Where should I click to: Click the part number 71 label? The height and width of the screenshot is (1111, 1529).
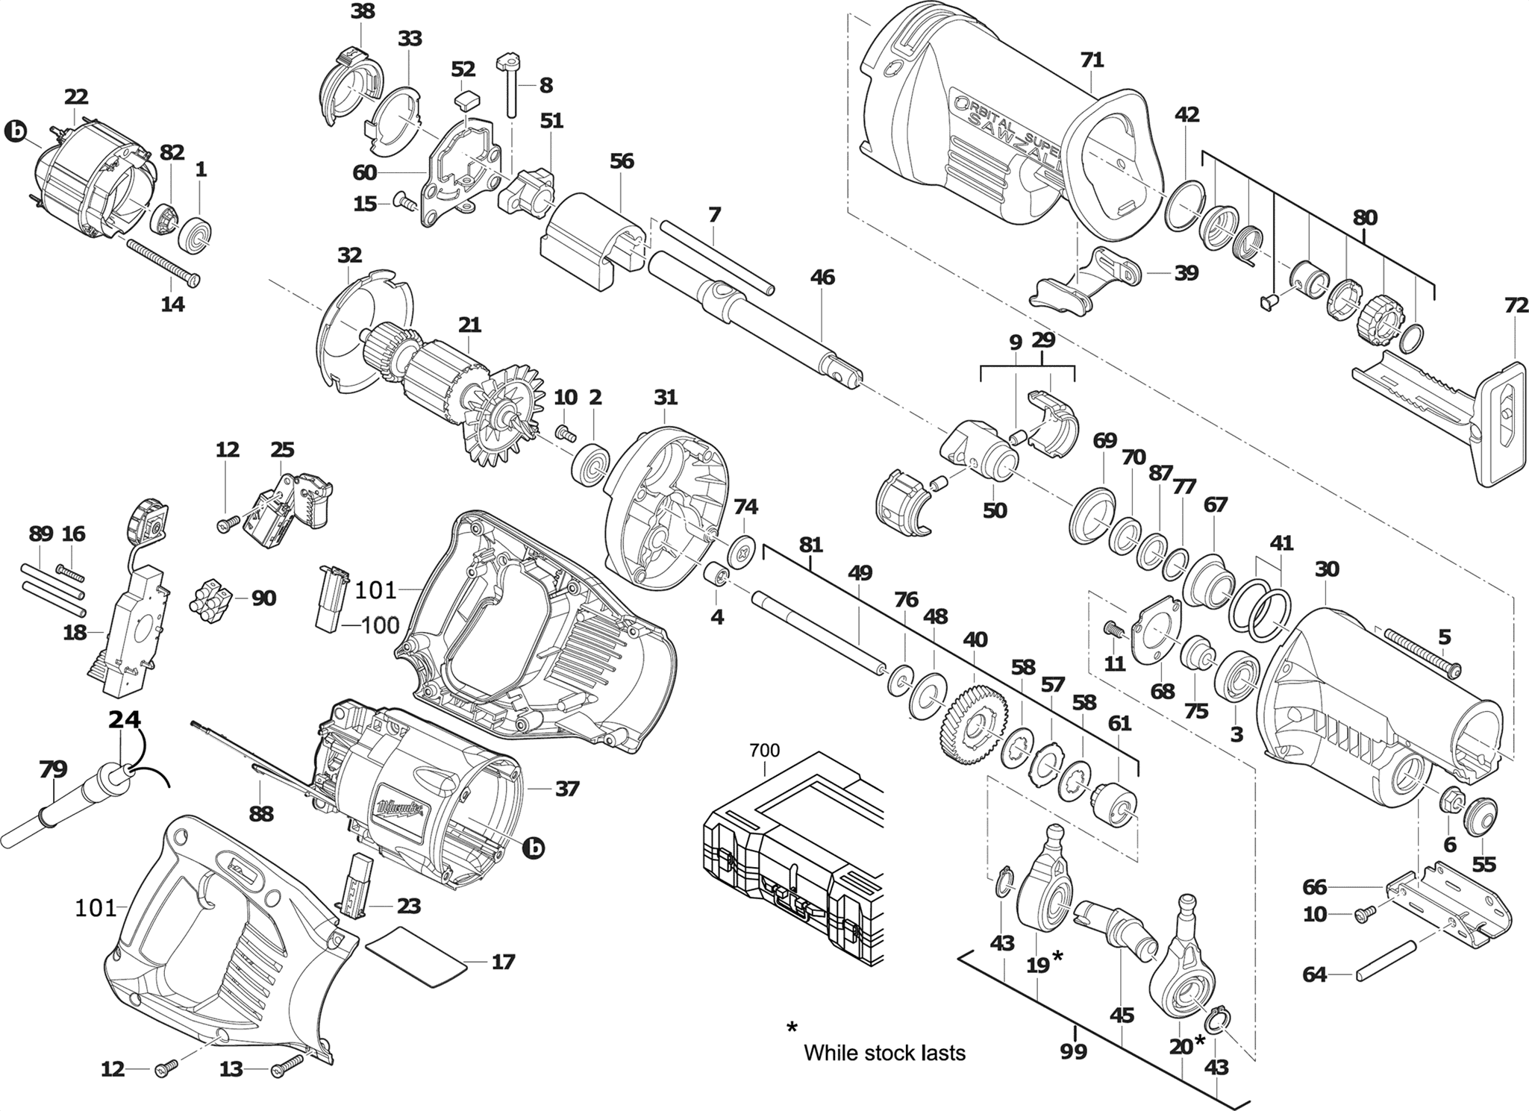tap(1092, 60)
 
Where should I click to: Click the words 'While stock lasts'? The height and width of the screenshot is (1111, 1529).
tap(884, 1053)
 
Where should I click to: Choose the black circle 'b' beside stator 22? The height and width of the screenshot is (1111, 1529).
tap(15, 133)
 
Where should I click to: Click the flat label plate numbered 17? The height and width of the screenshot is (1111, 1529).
tap(416, 957)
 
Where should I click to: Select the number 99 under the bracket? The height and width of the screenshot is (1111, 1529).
tap(1074, 1051)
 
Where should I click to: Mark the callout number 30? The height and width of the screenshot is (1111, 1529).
tap(1327, 569)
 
